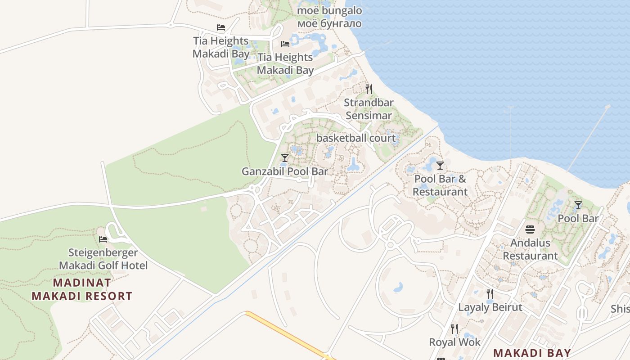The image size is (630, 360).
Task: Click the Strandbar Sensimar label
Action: point(369,109)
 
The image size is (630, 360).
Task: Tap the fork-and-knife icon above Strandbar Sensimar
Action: point(369,89)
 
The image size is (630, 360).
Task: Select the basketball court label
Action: point(356,138)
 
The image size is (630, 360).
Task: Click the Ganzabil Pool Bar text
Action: point(285,171)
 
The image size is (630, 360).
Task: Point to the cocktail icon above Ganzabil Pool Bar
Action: point(284,157)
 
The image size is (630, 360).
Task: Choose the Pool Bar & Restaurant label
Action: point(440,185)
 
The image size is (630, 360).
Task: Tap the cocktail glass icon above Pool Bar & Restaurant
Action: point(440,165)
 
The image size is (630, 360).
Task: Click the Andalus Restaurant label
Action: point(530,249)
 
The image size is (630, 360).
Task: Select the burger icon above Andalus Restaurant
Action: point(530,229)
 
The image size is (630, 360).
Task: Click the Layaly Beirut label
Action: point(490,307)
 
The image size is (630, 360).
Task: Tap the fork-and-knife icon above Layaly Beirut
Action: point(490,294)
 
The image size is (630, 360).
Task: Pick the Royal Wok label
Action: point(454,342)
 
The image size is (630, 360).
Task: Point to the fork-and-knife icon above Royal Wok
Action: point(454,329)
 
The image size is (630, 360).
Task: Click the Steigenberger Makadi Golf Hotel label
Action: point(103,259)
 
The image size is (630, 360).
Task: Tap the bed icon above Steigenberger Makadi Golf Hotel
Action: point(103,239)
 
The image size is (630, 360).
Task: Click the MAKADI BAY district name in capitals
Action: point(532,352)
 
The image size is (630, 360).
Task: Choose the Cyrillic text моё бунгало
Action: point(329,23)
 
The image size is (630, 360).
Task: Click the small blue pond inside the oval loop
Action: point(398,287)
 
